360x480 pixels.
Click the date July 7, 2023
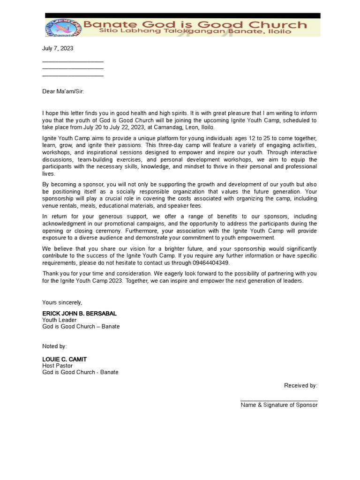58,48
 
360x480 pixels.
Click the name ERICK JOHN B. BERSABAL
79,313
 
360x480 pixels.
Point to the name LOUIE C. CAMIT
64,359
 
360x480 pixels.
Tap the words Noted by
54,346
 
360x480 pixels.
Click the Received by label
300,385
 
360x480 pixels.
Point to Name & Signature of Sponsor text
279,405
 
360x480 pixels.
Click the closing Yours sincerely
62,302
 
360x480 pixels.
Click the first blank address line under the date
73,61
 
